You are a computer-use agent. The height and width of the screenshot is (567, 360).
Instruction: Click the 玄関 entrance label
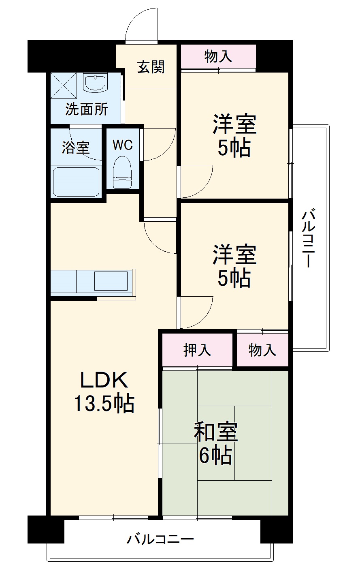[151, 67]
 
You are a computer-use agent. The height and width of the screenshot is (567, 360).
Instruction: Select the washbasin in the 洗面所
[95, 83]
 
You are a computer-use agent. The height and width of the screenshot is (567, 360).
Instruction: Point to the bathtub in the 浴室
[76, 182]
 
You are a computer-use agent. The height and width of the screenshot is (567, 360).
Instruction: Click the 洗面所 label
[87, 109]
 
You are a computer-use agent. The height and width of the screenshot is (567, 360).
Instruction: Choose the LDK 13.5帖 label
[104, 392]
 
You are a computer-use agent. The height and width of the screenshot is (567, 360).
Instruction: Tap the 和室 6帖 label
[215, 443]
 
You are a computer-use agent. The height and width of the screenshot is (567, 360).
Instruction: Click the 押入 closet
[197, 350]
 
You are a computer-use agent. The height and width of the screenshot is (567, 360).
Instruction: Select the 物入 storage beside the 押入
[262, 350]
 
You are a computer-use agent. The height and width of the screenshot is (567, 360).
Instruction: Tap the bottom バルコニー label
[161, 539]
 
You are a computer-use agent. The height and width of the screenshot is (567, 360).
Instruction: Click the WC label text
[122, 145]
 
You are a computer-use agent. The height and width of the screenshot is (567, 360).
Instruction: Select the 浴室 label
[75, 148]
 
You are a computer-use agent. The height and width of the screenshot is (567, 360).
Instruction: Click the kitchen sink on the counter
[111, 280]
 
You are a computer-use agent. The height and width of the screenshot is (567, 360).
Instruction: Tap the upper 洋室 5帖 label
[234, 136]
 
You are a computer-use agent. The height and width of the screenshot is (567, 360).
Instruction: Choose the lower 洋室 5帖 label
[234, 266]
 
